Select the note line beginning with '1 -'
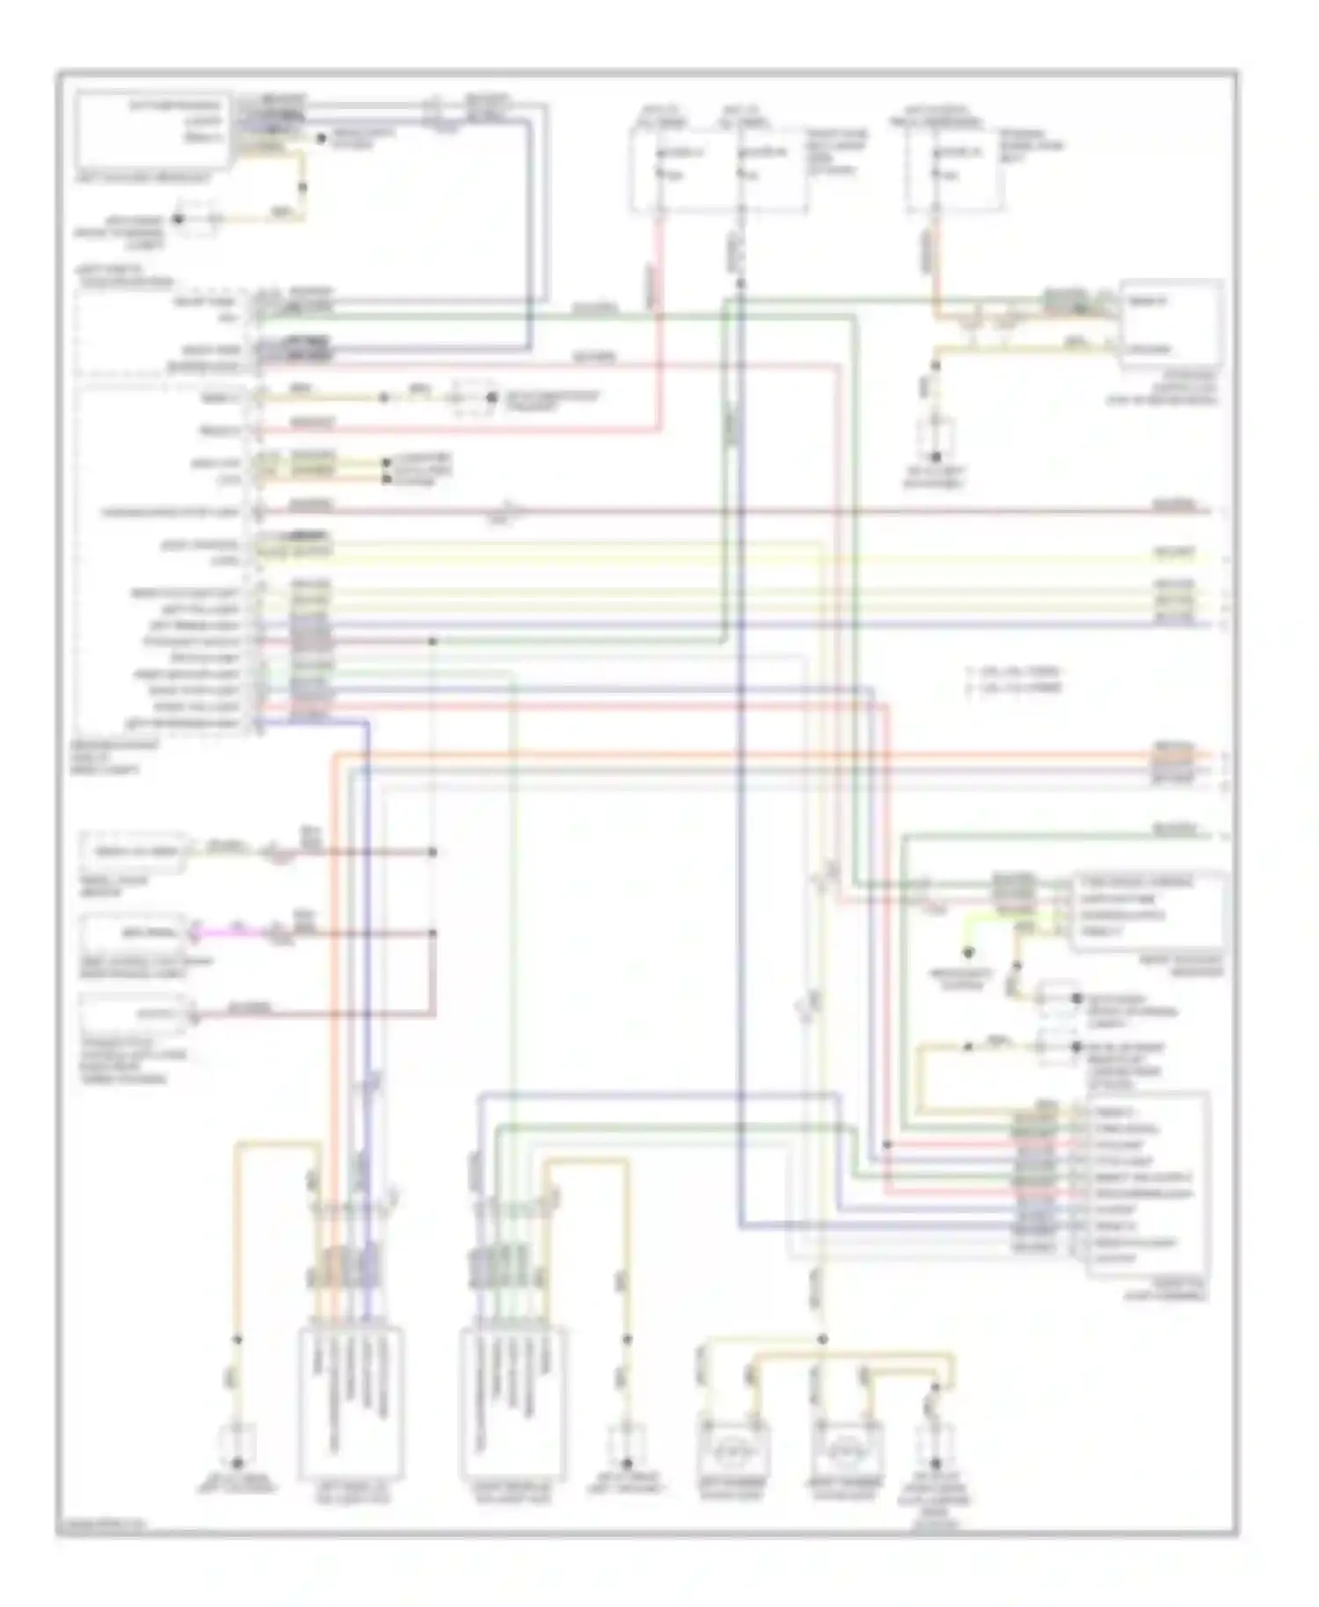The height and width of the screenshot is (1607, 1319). coord(1015,672)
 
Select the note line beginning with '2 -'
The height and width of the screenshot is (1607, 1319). coord(1015,688)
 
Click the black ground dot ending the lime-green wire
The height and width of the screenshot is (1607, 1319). coord(967,952)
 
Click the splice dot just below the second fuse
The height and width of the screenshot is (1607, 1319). coord(740,283)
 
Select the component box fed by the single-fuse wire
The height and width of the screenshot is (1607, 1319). coord(1170,324)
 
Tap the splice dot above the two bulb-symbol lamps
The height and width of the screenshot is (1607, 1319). coord(822,1339)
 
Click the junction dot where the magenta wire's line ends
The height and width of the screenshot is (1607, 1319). coord(433,933)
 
